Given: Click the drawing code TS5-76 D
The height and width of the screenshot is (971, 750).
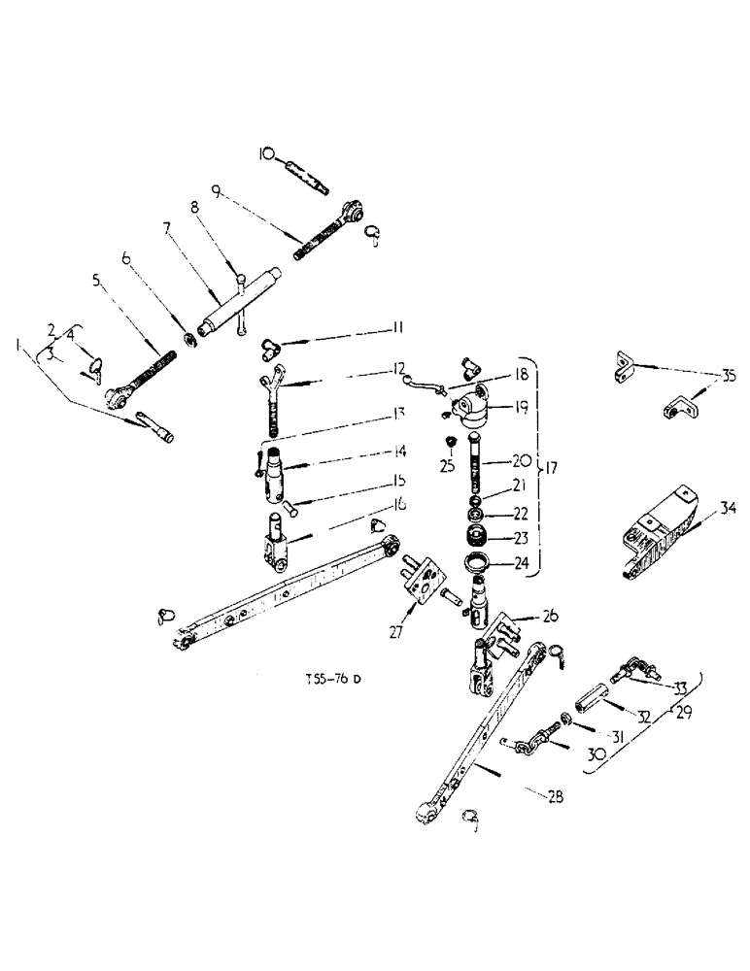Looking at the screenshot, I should pyautogui.click(x=331, y=679).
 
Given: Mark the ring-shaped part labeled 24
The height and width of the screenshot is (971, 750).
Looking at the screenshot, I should pyautogui.click(x=479, y=563).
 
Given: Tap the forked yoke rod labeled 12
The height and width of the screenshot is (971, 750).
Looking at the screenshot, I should pyautogui.click(x=273, y=392).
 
